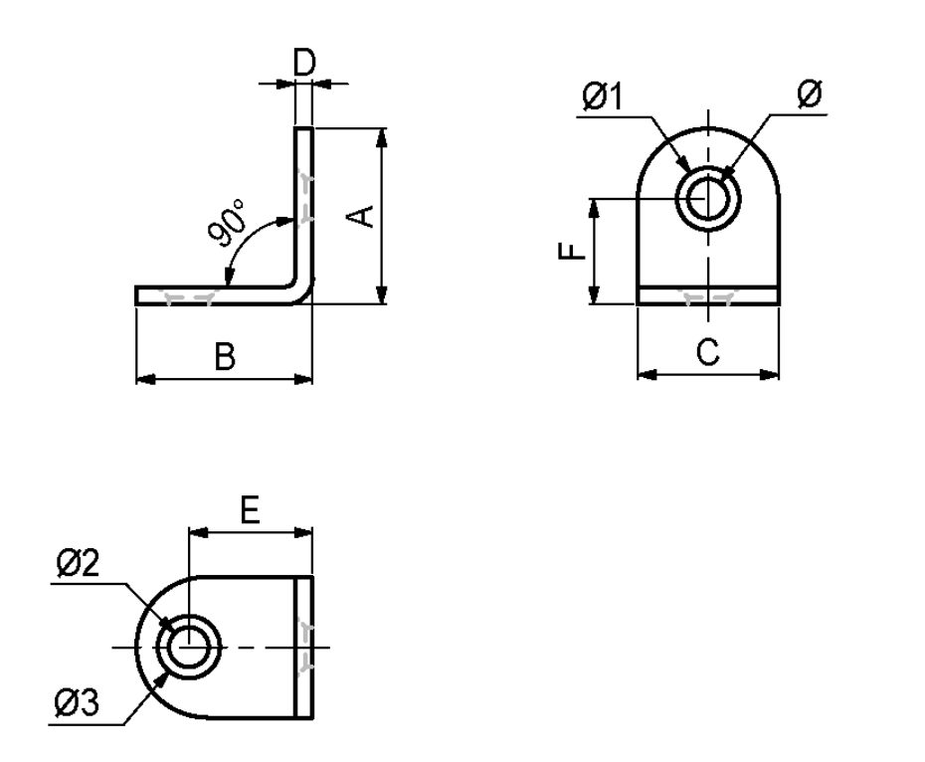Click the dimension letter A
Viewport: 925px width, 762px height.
click(x=364, y=216)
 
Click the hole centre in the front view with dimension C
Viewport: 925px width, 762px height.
click(x=707, y=199)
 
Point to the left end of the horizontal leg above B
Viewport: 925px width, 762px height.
click(x=137, y=295)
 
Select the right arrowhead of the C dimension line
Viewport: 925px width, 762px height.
click(x=772, y=375)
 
